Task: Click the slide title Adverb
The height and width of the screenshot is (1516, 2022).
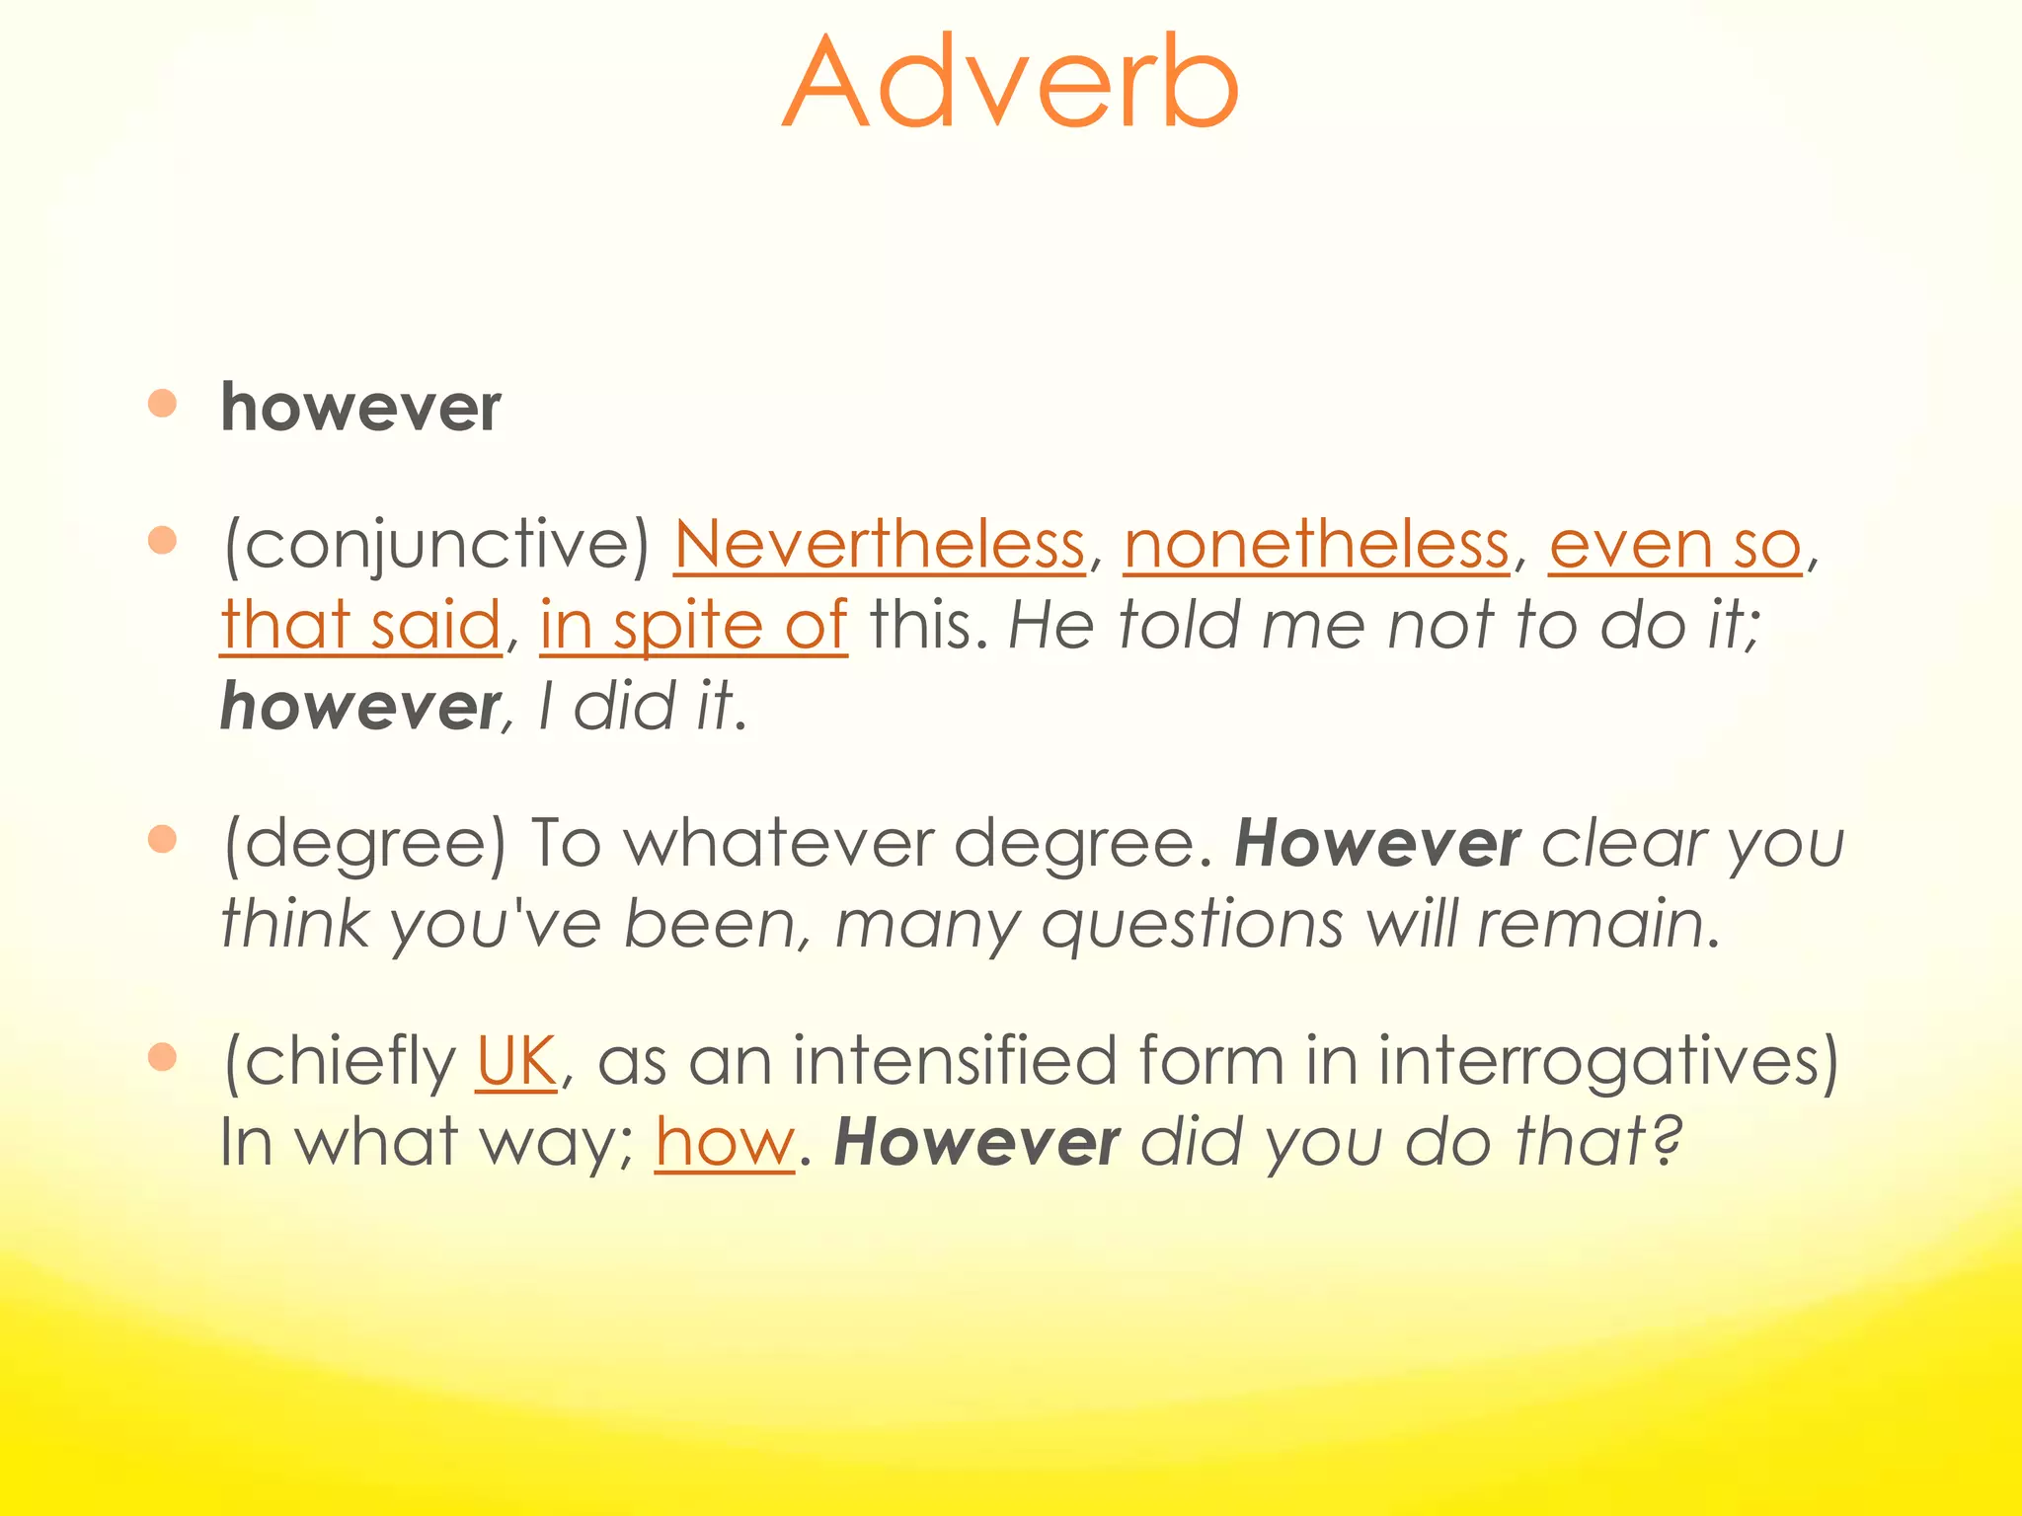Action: point(1010,83)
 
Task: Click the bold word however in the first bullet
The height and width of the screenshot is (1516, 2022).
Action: point(360,408)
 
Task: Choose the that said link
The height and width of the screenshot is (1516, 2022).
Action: point(360,625)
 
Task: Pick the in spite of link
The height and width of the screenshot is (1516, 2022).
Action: point(693,625)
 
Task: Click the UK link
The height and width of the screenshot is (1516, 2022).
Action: point(516,1061)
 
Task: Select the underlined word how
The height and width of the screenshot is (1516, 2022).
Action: point(725,1142)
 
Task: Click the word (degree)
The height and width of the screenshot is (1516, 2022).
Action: point(364,844)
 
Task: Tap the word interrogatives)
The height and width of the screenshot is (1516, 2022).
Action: point(1608,1061)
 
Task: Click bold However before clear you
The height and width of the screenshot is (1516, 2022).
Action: point(1377,844)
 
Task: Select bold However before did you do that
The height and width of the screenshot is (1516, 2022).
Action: point(976,1142)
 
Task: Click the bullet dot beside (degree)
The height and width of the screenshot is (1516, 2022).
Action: point(162,839)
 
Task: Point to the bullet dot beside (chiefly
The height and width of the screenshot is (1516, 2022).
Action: point(162,1057)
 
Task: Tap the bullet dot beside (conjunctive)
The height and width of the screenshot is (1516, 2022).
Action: point(162,540)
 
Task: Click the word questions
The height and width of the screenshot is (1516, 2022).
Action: point(1193,925)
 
